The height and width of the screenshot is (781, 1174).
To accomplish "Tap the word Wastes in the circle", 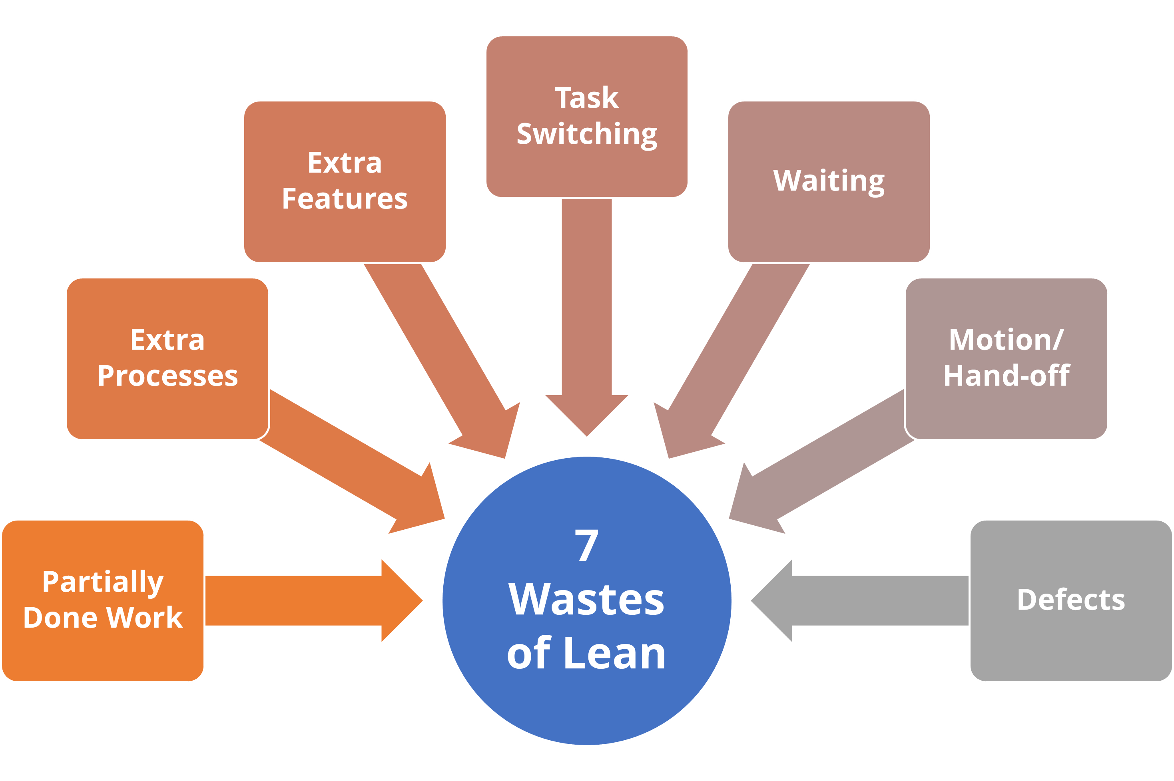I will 586,599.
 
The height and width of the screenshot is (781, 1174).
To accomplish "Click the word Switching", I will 586,135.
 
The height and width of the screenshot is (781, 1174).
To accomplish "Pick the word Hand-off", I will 1006,376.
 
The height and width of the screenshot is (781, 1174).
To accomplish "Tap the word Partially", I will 103,582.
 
